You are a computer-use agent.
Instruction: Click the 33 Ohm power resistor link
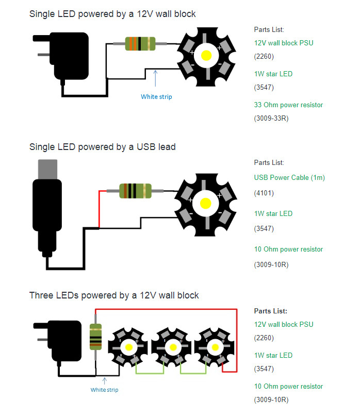coord(288,105)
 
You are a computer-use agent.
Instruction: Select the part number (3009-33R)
coord(271,118)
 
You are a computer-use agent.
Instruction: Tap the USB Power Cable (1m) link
coord(289,177)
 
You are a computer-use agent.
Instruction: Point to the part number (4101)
coord(264,193)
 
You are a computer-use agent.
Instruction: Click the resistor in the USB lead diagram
coord(135,191)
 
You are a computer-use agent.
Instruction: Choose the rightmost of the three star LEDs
coord(214,346)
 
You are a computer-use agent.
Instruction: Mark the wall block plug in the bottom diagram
coord(59,340)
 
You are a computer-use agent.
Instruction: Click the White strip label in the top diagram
coord(156,96)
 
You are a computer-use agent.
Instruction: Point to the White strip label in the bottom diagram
coord(104,390)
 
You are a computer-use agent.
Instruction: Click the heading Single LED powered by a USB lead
coord(103,147)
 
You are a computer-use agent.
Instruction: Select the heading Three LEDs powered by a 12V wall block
coord(114,295)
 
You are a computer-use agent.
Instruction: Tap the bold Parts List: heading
coord(270,311)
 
